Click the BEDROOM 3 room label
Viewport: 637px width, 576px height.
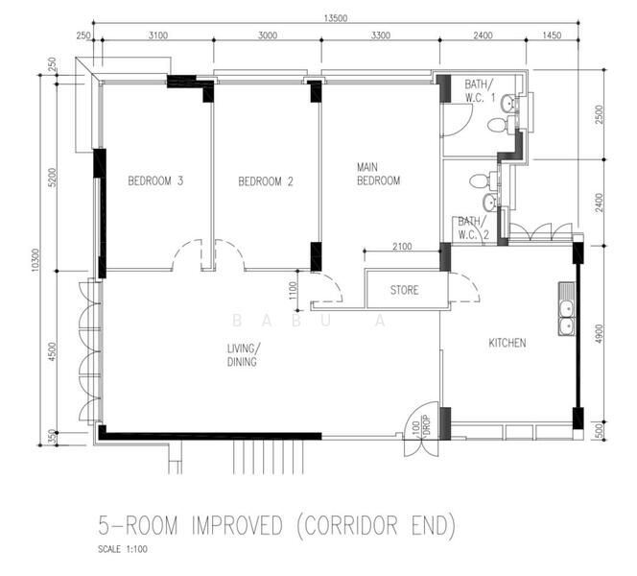[x=155, y=180]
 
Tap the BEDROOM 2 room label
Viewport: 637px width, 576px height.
[x=266, y=181]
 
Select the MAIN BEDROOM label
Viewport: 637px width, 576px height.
[x=378, y=174]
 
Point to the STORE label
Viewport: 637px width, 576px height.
[x=404, y=290]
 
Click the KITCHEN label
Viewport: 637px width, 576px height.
[x=507, y=343]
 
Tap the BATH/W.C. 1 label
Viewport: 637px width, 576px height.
[x=480, y=90]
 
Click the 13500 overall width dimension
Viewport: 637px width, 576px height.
[x=336, y=18]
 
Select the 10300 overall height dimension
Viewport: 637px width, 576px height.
[x=35, y=260]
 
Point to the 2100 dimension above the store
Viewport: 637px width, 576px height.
[x=402, y=246]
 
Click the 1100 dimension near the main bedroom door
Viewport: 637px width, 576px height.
[x=293, y=291]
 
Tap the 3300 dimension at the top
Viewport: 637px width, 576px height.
[x=380, y=36]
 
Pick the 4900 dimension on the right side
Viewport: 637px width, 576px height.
[x=600, y=334]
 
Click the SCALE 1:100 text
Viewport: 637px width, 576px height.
[x=123, y=549]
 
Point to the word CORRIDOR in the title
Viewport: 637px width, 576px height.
[x=351, y=525]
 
